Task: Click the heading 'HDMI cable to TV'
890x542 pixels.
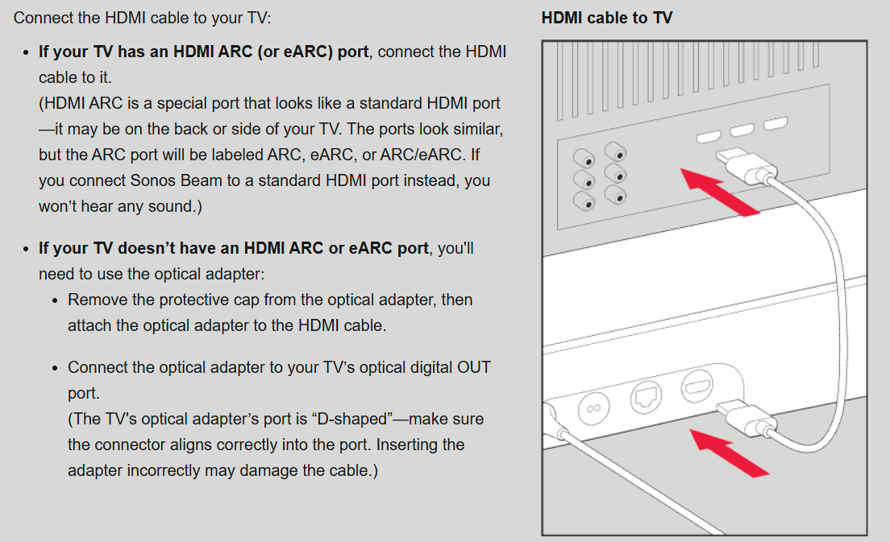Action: click(x=607, y=18)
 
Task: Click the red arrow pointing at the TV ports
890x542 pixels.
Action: click(x=720, y=192)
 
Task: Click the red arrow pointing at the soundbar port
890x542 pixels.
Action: click(x=730, y=453)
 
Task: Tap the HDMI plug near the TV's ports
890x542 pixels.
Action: click(x=746, y=166)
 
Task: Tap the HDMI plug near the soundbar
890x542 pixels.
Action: click(x=746, y=417)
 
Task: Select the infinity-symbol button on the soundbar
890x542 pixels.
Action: click(x=593, y=408)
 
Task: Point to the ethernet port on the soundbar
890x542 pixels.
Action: click(x=646, y=396)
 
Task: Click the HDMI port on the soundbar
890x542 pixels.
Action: click(x=697, y=386)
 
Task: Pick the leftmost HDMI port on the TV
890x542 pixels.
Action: click(x=709, y=137)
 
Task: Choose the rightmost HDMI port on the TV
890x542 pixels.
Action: click(x=776, y=123)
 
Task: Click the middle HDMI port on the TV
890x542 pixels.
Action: click(x=742, y=130)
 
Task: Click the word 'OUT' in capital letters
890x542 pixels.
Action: click(x=474, y=367)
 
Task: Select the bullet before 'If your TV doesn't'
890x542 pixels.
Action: click(x=26, y=249)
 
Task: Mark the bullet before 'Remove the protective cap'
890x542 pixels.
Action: click(x=55, y=300)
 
